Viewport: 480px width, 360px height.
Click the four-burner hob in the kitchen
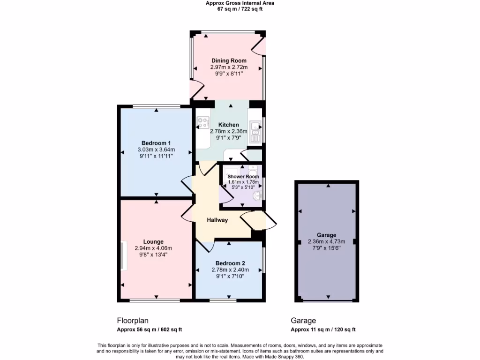(203, 123)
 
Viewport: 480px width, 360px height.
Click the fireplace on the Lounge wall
(123, 255)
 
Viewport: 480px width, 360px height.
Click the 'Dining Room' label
(229, 60)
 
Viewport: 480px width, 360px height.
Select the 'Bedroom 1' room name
(156, 143)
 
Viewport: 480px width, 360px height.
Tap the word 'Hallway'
(218, 220)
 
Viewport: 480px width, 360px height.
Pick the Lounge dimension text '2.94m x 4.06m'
(153, 248)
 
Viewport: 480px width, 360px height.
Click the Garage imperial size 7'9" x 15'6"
(326, 248)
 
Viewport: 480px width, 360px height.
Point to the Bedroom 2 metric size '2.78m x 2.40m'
(230, 270)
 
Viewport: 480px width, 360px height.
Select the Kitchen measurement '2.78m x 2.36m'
(228, 132)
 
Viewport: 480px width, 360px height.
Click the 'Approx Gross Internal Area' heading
(240, 3)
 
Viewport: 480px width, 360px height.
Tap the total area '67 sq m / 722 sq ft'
(240, 9)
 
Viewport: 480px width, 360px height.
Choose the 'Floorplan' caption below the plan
(133, 321)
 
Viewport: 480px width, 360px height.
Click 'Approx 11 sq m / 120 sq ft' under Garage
(323, 330)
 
